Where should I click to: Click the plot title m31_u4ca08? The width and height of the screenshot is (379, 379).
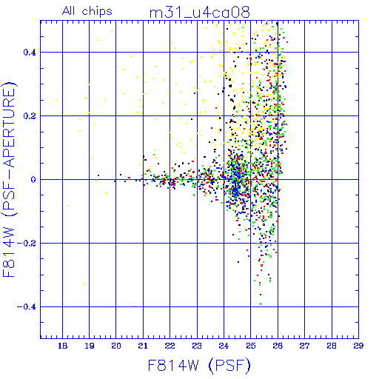point(200,13)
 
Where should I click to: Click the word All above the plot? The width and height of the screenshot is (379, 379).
point(69,11)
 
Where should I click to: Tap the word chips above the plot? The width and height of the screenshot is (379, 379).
point(97,12)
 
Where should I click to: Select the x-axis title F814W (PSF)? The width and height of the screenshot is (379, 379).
point(199,365)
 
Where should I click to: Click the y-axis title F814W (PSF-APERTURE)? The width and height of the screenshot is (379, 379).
point(9,179)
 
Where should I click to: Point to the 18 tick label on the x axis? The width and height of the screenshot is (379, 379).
point(62,346)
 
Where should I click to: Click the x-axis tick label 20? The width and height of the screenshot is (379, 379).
point(116,346)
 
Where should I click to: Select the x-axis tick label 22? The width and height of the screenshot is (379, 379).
point(170,346)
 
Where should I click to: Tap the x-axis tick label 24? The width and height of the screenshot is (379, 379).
point(224,346)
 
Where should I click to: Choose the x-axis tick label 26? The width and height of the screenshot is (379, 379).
point(278,346)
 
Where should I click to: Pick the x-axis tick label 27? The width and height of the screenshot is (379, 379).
point(304,346)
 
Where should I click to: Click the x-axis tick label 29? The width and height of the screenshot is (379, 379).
point(358,346)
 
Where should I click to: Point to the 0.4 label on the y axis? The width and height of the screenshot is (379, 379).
point(30,53)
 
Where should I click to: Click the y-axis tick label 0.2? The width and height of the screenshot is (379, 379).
point(30,116)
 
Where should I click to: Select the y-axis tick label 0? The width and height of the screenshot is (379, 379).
point(33,180)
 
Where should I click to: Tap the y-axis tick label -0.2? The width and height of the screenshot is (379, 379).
point(27,244)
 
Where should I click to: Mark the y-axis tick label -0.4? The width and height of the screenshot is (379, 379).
point(27,307)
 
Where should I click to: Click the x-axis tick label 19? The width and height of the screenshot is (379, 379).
point(90,346)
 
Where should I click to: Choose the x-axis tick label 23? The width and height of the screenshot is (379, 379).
point(197,346)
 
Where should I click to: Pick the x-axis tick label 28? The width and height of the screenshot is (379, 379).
point(332,346)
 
